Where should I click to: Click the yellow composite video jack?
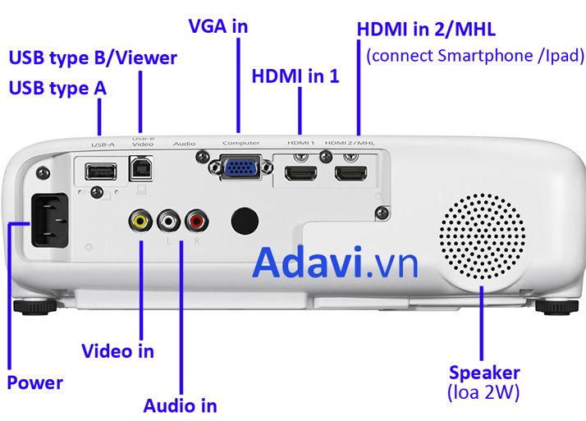pyautogui.click(x=140, y=221)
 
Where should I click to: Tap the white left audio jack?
pyautogui.click(x=168, y=221)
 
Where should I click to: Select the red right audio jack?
pyautogui.click(x=197, y=221)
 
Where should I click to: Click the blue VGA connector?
pyautogui.click(x=240, y=167)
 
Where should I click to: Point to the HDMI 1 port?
pyautogui.click(x=301, y=174)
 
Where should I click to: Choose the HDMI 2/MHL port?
pyautogui.click(x=350, y=174)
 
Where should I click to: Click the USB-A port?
pyautogui.click(x=101, y=172)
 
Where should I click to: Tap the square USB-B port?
pyautogui.click(x=141, y=169)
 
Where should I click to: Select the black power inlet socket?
pyautogui.click(x=50, y=220)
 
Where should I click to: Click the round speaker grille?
pyautogui.click(x=482, y=236)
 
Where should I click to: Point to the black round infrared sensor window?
pyautogui.click(x=245, y=221)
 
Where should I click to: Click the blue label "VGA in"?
pyautogui.click(x=218, y=26)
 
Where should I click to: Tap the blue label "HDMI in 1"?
pyautogui.click(x=295, y=76)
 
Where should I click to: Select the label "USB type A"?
pyautogui.click(x=57, y=89)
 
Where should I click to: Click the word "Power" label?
pyautogui.click(x=35, y=383)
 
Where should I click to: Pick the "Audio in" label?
pyautogui.click(x=180, y=406)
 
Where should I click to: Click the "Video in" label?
pyautogui.click(x=117, y=351)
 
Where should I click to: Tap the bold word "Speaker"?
pyautogui.click(x=484, y=373)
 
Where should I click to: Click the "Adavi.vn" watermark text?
pyautogui.click(x=335, y=263)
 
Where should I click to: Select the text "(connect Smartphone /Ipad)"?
pyautogui.click(x=475, y=56)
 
